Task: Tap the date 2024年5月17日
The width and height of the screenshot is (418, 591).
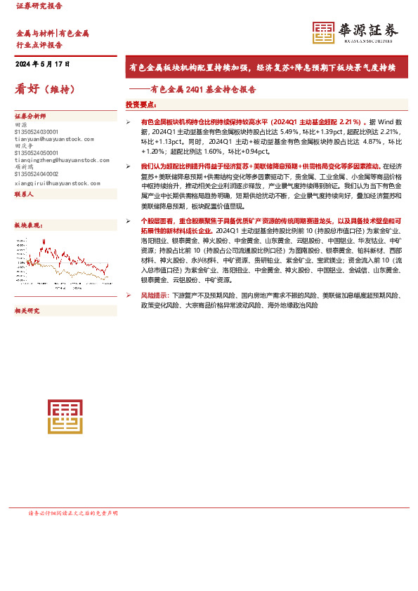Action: point(43,64)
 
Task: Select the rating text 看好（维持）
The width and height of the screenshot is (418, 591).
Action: point(44,89)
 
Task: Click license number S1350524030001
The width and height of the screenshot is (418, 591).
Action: point(37,131)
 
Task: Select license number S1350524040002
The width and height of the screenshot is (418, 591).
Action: point(37,174)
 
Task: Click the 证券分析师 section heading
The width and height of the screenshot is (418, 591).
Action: point(30,116)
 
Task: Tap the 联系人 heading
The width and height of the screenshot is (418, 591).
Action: point(25,196)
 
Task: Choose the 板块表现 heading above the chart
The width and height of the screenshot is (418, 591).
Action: point(28,225)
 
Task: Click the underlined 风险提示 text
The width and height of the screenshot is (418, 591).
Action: point(155,295)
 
